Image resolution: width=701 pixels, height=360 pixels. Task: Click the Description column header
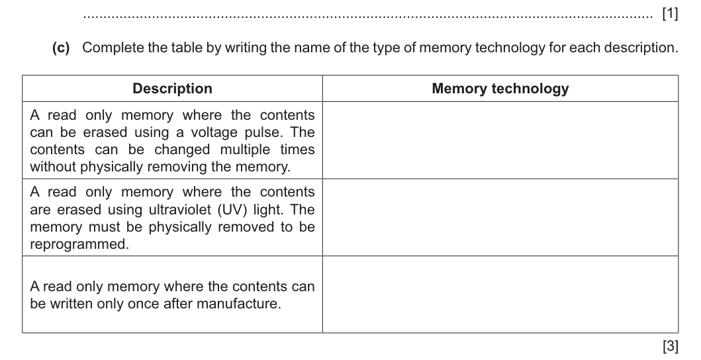point(172,89)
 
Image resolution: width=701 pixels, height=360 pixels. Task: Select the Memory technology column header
point(500,89)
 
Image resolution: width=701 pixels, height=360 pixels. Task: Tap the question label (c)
point(61,48)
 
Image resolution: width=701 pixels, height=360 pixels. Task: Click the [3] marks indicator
point(670,345)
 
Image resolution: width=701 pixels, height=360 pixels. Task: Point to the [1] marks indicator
point(670,15)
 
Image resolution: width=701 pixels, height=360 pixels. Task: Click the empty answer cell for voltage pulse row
point(500,140)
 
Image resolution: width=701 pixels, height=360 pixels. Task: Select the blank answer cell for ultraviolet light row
point(500,217)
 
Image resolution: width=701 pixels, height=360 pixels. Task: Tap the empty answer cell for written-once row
point(500,294)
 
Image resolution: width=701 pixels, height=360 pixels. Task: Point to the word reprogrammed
point(79,244)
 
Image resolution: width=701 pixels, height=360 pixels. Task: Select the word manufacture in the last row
point(239,304)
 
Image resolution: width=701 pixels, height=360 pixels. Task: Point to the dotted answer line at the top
point(368,18)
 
